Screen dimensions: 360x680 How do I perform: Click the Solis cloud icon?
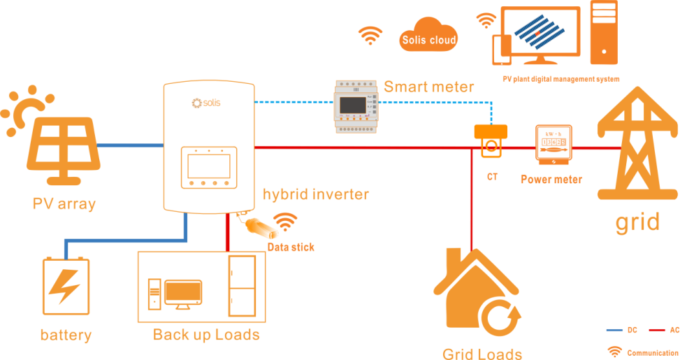(428, 36)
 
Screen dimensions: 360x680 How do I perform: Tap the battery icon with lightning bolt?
(66, 287)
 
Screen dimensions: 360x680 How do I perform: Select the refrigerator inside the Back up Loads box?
(242, 287)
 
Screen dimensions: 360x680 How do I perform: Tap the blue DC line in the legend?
(613, 331)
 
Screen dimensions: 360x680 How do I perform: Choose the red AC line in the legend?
(656, 331)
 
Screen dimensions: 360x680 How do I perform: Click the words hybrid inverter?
(315, 194)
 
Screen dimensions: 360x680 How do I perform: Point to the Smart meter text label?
(428, 87)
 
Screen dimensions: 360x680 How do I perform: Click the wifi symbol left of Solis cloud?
(370, 36)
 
